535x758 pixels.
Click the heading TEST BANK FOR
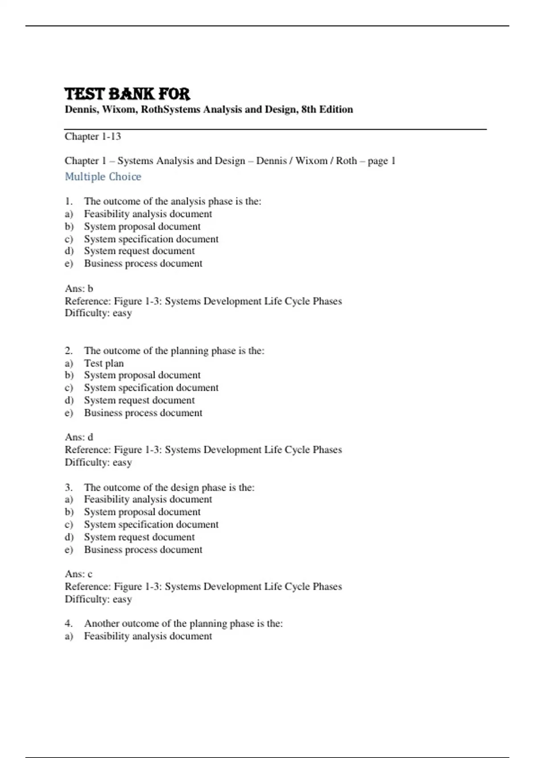[128, 94]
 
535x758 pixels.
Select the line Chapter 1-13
[93, 136]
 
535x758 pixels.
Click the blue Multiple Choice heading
[103, 177]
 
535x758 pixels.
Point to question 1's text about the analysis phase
[173, 202]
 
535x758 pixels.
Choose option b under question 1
[142, 227]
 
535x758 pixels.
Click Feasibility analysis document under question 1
[148, 214]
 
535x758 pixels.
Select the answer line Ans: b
[79, 288]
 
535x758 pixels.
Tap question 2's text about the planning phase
[174, 351]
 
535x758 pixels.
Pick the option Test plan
[104, 363]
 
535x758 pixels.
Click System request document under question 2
[140, 400]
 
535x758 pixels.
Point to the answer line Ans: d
[79, 437]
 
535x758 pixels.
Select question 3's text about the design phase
[169, 487]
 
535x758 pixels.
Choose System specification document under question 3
[151, 525]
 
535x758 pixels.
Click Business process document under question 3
[143, 550]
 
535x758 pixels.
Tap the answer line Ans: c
[78, 574]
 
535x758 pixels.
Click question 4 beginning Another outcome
[183, 623]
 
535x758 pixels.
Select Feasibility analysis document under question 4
[148, 636]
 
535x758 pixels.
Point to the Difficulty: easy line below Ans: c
[98, 599]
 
